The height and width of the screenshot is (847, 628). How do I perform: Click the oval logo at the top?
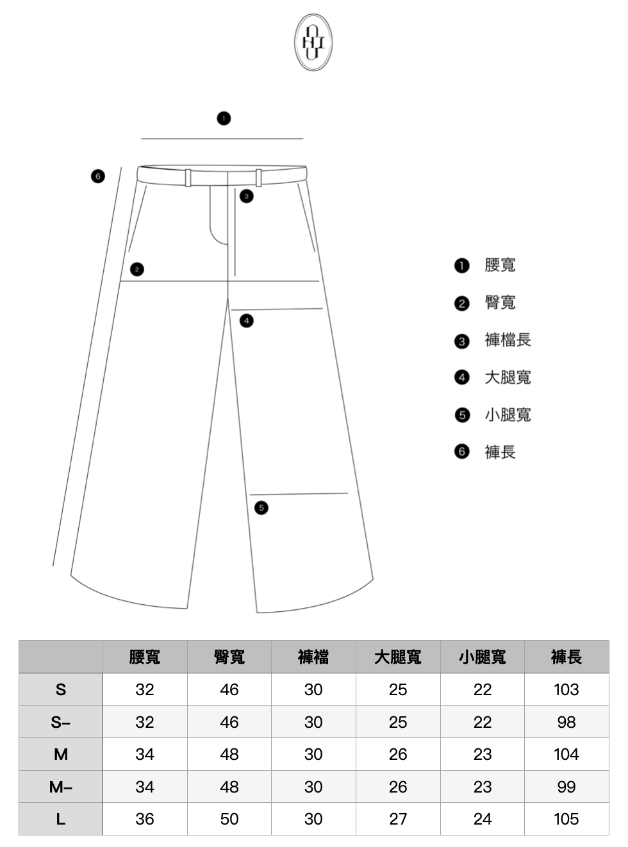click(x=313, y=42)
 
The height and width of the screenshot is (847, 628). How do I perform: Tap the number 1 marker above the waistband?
click(x=224, y=119)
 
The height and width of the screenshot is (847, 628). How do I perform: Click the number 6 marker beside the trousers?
click(x=97, y=176)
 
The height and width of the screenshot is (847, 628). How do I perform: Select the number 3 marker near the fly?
click(x=247, y=196)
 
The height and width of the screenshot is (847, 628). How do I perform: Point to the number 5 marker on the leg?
click(x=261, y=508)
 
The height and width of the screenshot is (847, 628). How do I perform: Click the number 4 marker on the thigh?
click(x=247, y=320)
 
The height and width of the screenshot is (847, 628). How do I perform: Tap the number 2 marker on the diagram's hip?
click(x=136, y=270)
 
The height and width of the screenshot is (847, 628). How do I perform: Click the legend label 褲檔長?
click(x=508, y=340)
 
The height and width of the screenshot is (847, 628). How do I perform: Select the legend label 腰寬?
click(x=500, y=265)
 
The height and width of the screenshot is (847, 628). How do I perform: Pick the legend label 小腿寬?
click(x=508, y=415)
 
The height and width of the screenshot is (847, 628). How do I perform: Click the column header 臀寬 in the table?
click(x=229, y=657)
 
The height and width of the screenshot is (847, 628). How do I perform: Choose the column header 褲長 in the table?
click(x=566, y=657)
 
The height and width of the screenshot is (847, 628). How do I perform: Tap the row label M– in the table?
click(x=61, y=787)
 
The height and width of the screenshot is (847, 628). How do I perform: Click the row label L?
click(x=61, y=819)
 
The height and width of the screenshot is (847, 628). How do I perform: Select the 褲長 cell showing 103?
click(x=566, y=690)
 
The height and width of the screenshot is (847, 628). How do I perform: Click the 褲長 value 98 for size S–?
click(x=566, y=723)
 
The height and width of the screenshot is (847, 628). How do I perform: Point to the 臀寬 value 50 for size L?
click(x=229, y=819)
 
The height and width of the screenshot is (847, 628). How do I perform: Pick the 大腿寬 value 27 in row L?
click(x=398, y=819)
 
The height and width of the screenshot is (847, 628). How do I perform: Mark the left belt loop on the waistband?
click(x=188, y=177)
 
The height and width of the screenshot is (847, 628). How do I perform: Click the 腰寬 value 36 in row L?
click(x=145, y=819)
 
